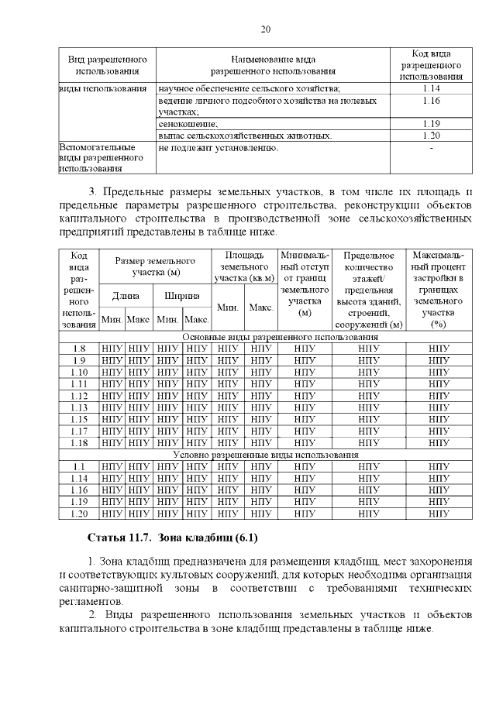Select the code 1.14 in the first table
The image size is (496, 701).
[x=432, y=89]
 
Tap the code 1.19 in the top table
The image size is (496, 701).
[x=432, y=124]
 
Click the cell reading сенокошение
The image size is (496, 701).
[x=188, y=124]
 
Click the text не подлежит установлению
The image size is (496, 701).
[x=218, y=147]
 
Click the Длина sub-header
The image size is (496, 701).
[x=126, y=295]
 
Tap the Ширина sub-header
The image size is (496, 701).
[x=182, y=295]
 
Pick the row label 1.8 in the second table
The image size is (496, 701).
[x=78, y=349]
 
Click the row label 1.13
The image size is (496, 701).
[x=78, y=407]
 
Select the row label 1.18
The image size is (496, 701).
[x=78, y=443]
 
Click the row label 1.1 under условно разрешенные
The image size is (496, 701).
[x=78, y=467]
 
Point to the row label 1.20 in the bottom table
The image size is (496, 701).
[x=78, y=514]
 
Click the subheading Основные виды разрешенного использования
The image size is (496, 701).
[x=280, y=338]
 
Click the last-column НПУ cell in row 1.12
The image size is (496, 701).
[x=439, y=396]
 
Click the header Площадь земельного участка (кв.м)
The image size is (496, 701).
[x=244, y=266]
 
